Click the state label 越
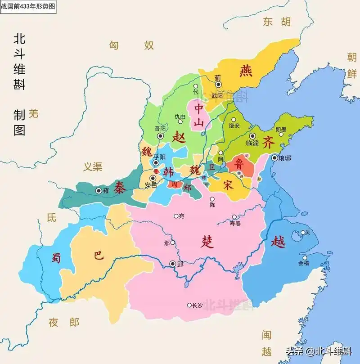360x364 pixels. [278, 242]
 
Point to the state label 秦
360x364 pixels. [119, 186]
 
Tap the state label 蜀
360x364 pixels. [56, 257]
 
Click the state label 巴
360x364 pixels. [98, 255]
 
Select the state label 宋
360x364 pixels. [229, 184]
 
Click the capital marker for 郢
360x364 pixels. [173, 264]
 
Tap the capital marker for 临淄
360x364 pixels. [252, 136]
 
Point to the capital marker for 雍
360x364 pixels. [98, 191]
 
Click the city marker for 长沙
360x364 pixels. [189, 305]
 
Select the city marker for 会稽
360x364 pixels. [305, 258]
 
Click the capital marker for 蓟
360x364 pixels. [218, 84]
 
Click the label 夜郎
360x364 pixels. [64, 322]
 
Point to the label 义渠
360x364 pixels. [93, 167]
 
